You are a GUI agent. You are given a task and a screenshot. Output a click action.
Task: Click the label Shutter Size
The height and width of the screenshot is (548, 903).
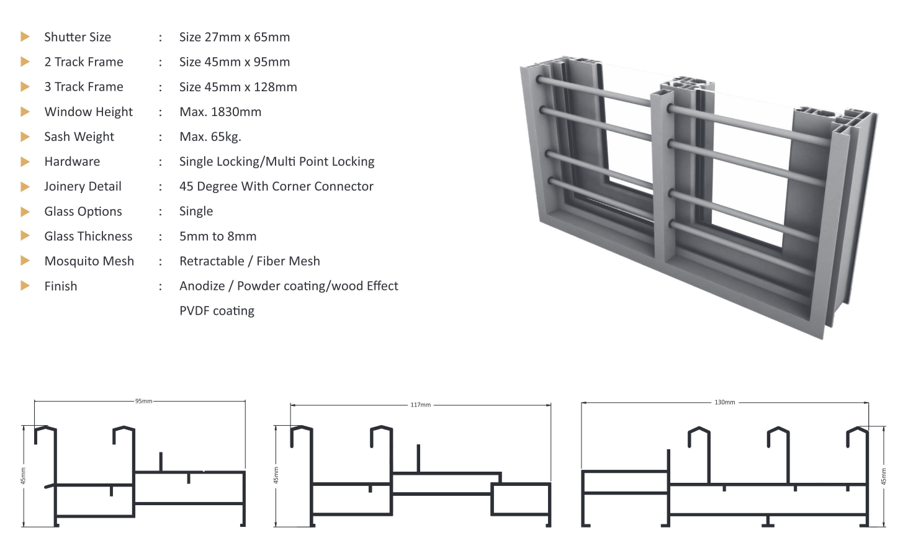pos(78,37)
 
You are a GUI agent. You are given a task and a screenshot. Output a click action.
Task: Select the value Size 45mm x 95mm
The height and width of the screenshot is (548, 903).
pos(234,62)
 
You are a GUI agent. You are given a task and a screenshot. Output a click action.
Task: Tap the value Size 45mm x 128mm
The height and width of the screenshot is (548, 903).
pos(238,87)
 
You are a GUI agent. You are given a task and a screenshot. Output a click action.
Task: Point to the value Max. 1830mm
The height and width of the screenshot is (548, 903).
pos(220,112)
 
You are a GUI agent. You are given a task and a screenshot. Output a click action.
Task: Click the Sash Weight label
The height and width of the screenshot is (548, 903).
pos(79,137)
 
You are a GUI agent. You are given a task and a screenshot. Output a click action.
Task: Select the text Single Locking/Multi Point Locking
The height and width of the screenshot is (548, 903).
pos(276,161)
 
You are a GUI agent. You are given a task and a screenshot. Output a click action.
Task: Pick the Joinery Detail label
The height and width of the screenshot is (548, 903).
pos(83,186)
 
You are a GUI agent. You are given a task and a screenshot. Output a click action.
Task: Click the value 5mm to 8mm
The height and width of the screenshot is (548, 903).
pos(217,236)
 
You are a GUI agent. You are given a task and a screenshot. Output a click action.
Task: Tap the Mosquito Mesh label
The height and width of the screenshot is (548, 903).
pos(89,261)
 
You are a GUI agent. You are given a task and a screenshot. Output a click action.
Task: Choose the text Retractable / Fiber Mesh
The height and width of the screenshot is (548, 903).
pos(249,261)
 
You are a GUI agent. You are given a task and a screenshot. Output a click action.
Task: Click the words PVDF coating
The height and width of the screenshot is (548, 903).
pos(217,311)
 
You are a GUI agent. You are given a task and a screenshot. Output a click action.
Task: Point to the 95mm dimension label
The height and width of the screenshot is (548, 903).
pos(143,402)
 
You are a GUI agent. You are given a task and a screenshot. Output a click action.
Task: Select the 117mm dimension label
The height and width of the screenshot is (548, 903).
pos(420,405)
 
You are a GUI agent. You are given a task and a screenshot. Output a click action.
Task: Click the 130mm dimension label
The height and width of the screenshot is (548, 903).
pos(724,403)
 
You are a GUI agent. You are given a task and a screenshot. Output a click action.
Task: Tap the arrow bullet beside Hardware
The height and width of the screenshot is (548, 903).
pos(25,162)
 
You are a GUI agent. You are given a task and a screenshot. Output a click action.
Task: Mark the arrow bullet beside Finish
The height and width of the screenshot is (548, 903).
pos(25,286)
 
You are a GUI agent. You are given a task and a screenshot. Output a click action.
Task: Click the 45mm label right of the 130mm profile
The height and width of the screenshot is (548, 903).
pos(884,477)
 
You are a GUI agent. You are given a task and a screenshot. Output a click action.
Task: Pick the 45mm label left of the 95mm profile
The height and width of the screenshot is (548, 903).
pos(24,476)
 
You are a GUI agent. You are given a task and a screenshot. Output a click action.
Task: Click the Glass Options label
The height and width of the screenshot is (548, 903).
pos(83,212)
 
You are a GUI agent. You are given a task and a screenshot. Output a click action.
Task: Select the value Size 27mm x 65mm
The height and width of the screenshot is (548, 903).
pos(234,37)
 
